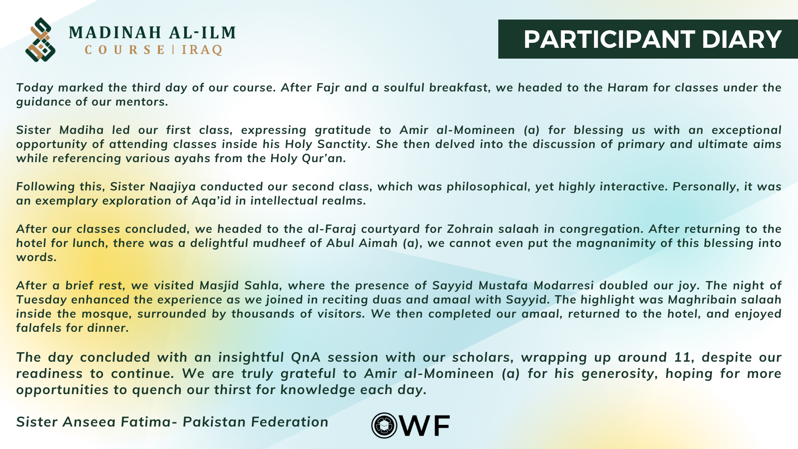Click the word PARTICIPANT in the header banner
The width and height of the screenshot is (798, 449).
pos(609,39)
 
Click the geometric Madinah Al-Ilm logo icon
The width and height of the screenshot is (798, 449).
pos(40,39)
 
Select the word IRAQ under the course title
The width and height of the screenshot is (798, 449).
pos(202,50)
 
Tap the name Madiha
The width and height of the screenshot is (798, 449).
pos(81,130)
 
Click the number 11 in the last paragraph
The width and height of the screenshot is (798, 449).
pos(682,358)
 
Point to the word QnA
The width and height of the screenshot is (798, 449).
pos(306,358)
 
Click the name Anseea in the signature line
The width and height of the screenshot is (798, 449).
pos(89,422)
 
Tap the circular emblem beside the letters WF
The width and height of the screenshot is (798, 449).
pos(384,425)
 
